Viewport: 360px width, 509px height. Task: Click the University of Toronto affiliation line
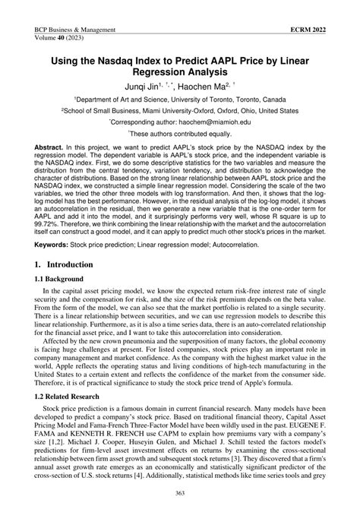click(x=179, y=99)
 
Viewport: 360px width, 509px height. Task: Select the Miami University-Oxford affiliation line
click(x=179, y=109)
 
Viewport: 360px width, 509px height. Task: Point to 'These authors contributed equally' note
click(x=180, y=132)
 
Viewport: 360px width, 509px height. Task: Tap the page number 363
click(x=179, y=495)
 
